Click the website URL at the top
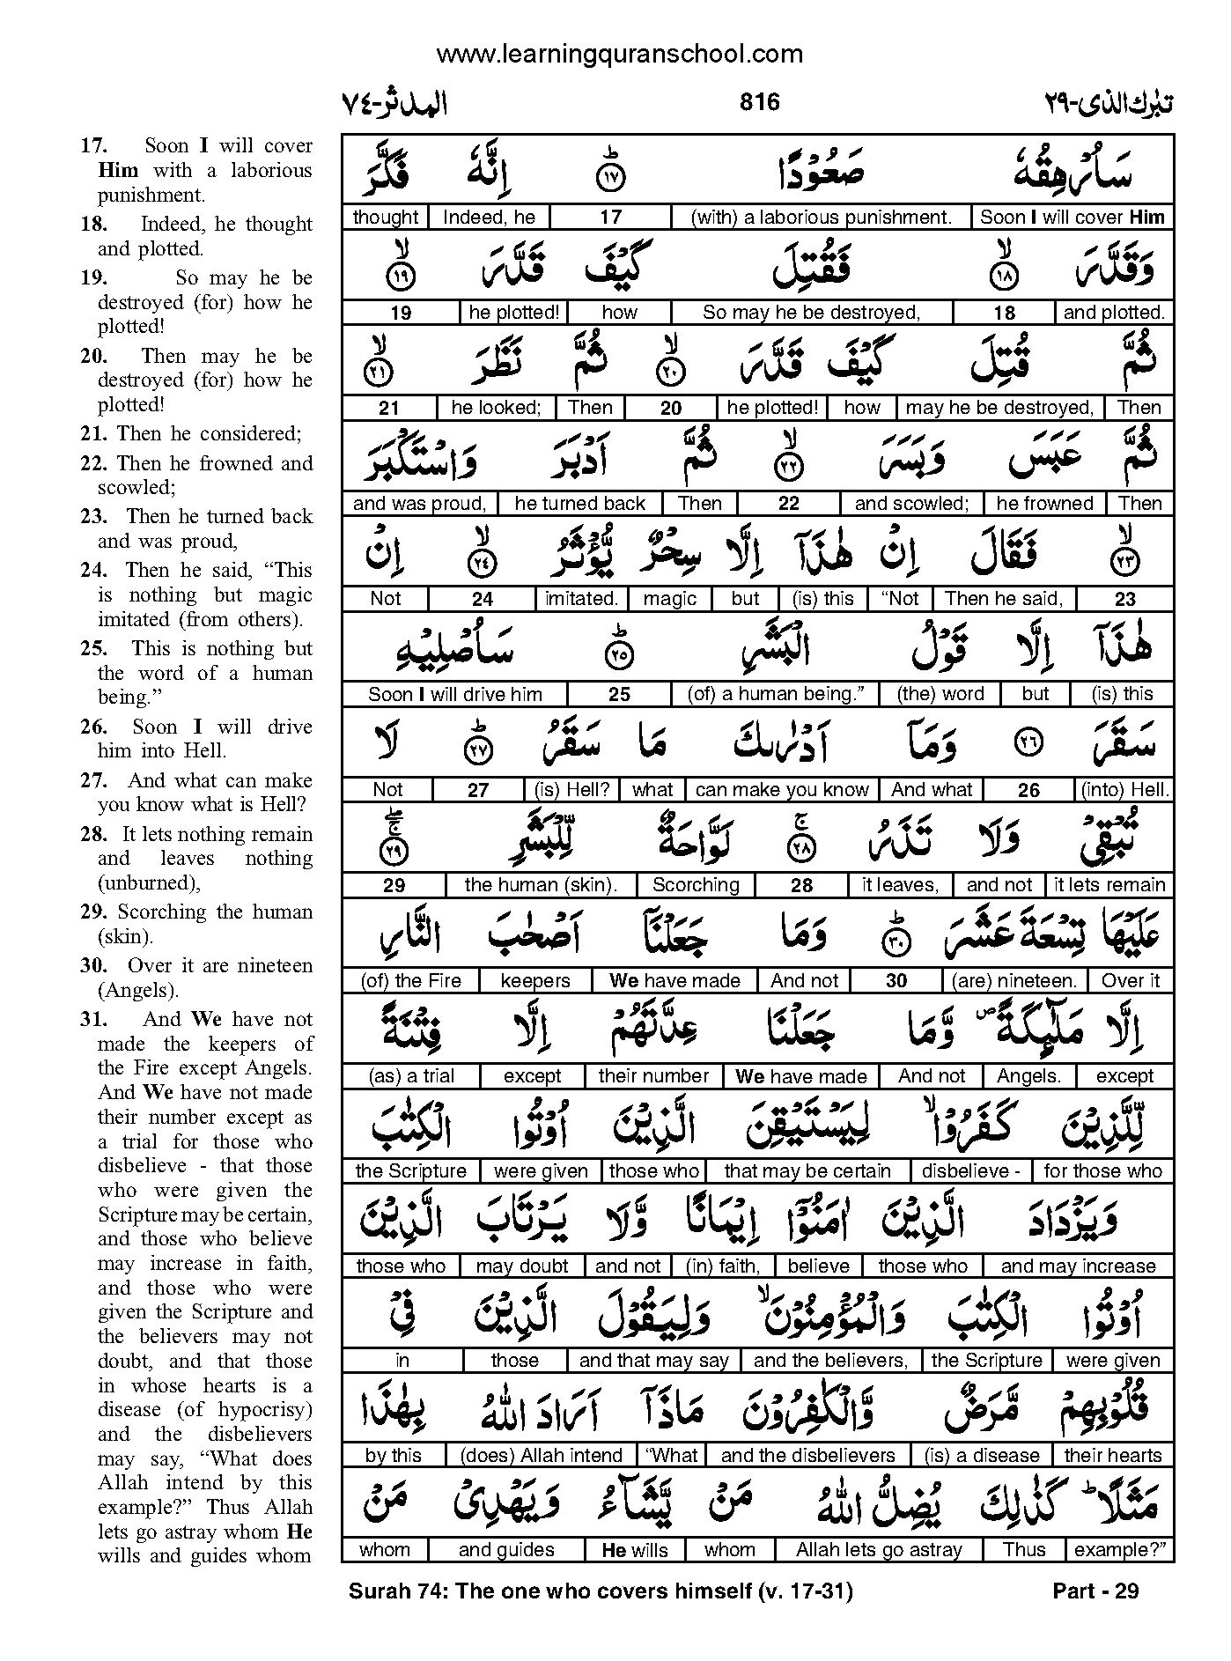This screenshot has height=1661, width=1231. coord(619,55)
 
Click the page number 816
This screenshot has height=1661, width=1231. coord(759,102)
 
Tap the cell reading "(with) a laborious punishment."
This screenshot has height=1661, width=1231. coord(821,218)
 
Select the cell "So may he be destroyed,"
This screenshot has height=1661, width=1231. coord(811,313)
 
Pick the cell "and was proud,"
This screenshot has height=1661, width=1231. coord(419,504)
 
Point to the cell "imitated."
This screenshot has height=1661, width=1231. coord(581,599)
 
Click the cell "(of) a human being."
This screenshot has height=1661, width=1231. coord(776,694)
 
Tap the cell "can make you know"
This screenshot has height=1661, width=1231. coord(782,790)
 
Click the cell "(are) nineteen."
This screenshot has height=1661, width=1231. coord(1014,981)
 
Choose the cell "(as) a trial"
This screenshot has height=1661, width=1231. coord(410,1076)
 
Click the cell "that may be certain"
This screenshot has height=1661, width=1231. coord(807,1171)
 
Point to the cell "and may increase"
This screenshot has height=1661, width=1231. coord(1078,1266)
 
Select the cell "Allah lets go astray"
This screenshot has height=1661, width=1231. coord(879,1550)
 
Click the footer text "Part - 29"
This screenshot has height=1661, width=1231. coord(1095,1591)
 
